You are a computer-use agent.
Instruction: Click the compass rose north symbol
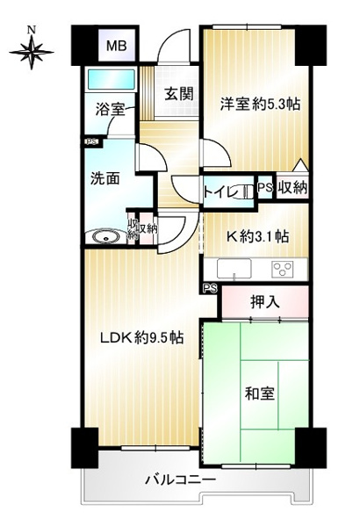click(32, 49)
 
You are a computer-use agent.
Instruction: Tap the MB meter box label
click(116, 46)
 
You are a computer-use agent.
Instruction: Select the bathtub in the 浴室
click(111, 79)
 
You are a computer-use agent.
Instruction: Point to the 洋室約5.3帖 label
click(260, 105)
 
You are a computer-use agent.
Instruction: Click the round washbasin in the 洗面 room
click(106, 237)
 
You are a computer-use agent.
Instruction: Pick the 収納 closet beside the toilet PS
click(292, 188)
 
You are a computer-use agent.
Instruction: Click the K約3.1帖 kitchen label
click(257, 236)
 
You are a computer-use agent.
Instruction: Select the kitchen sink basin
click(234, 269)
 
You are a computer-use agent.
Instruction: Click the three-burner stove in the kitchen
click(283, 269)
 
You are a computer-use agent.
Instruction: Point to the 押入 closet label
click(265, 302)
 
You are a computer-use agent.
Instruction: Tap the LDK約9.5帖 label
click(142, 337)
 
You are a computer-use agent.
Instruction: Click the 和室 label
click(260, 393)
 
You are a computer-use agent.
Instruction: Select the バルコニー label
click(181, 480)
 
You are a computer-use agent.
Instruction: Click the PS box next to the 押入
click(210, 288)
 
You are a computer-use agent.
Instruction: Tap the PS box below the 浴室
click(92, 141)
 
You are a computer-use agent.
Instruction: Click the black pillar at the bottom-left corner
click(84, 448)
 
